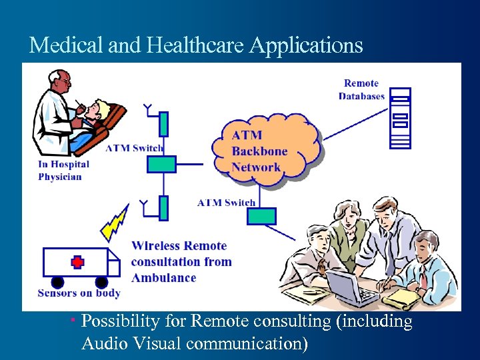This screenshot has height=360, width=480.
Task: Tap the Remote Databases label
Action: (x=361, y=89)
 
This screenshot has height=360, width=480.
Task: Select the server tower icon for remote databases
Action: (x=399, y=118)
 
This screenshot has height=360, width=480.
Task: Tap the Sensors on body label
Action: (x=79, y=293)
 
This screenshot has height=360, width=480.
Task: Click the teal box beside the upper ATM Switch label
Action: (x=161, y=164)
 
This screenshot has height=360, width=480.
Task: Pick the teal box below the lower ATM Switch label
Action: (x=261, y=216)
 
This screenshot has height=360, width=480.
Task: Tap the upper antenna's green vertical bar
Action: (x=163, y=124)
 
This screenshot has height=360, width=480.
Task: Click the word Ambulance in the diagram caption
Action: (x=163, y=277)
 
